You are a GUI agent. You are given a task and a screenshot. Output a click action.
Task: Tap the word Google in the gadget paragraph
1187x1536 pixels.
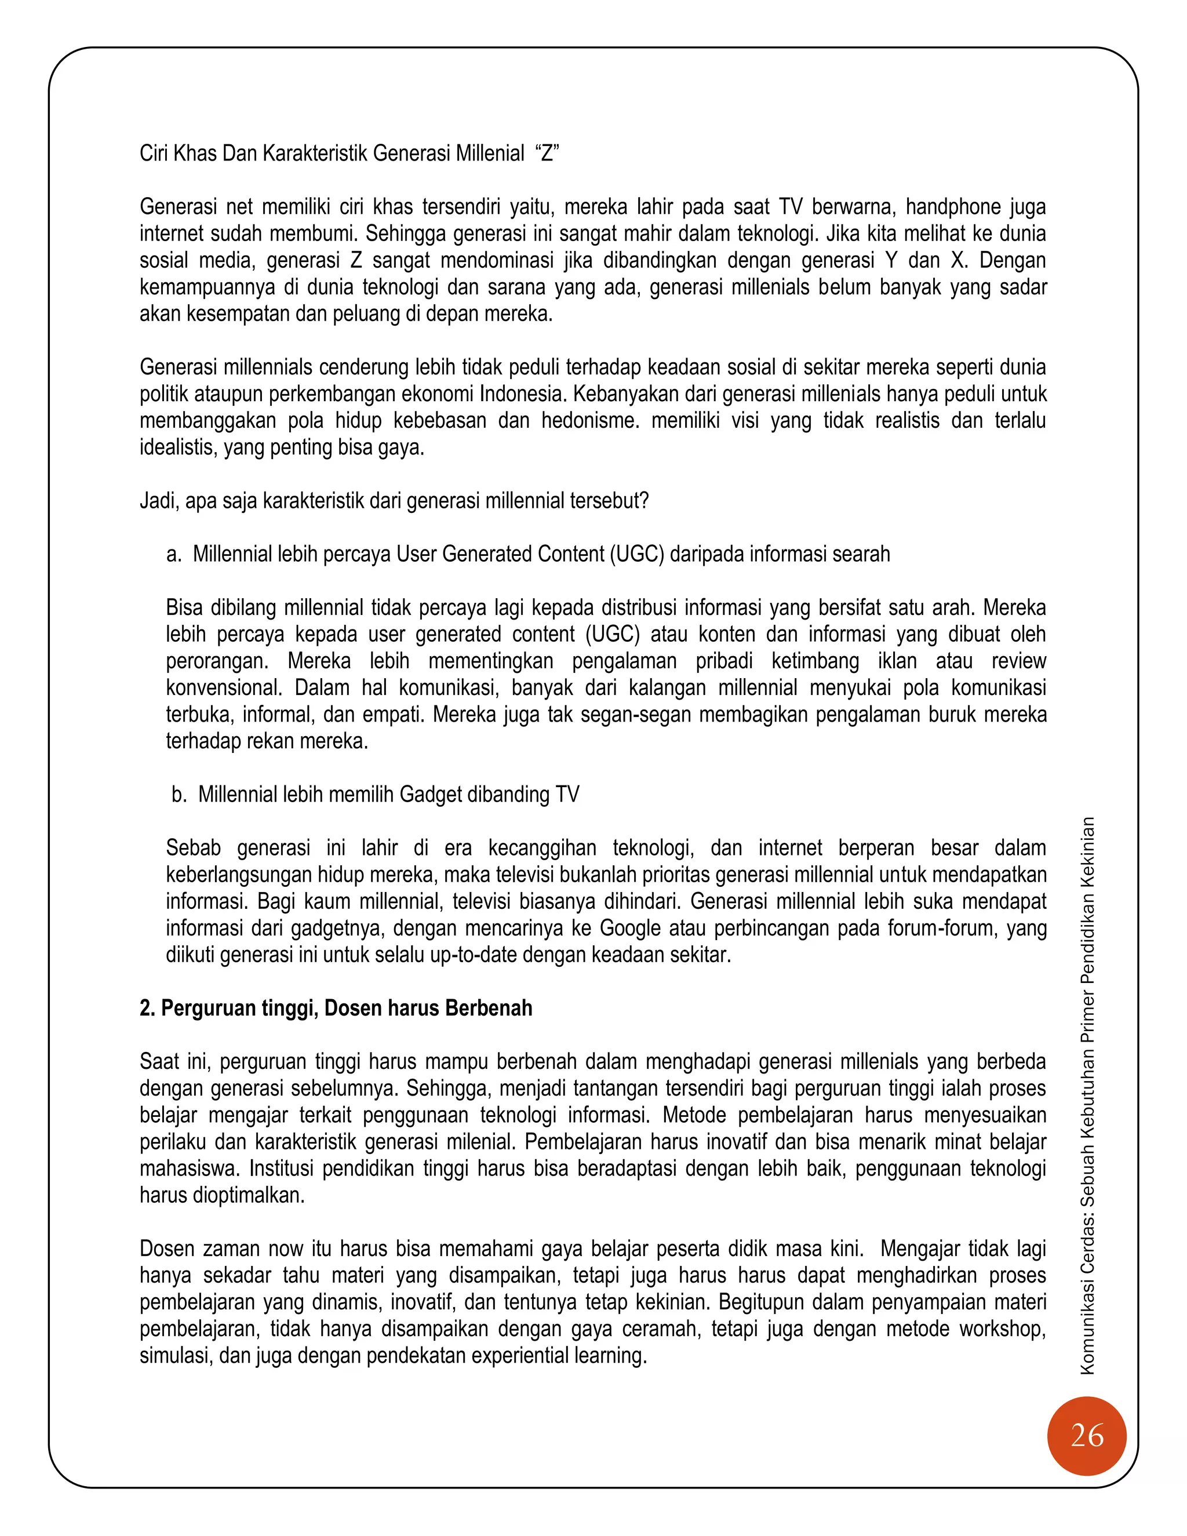click(x=629, y=929)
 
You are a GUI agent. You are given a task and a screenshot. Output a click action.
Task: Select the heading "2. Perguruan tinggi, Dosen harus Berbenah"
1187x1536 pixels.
click(x=336, y=1009)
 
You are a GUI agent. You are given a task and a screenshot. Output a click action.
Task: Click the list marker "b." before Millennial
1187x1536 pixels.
click(x=179, y=795)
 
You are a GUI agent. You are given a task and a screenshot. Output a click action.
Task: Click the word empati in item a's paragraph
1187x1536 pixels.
click(x=394, y=715)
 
